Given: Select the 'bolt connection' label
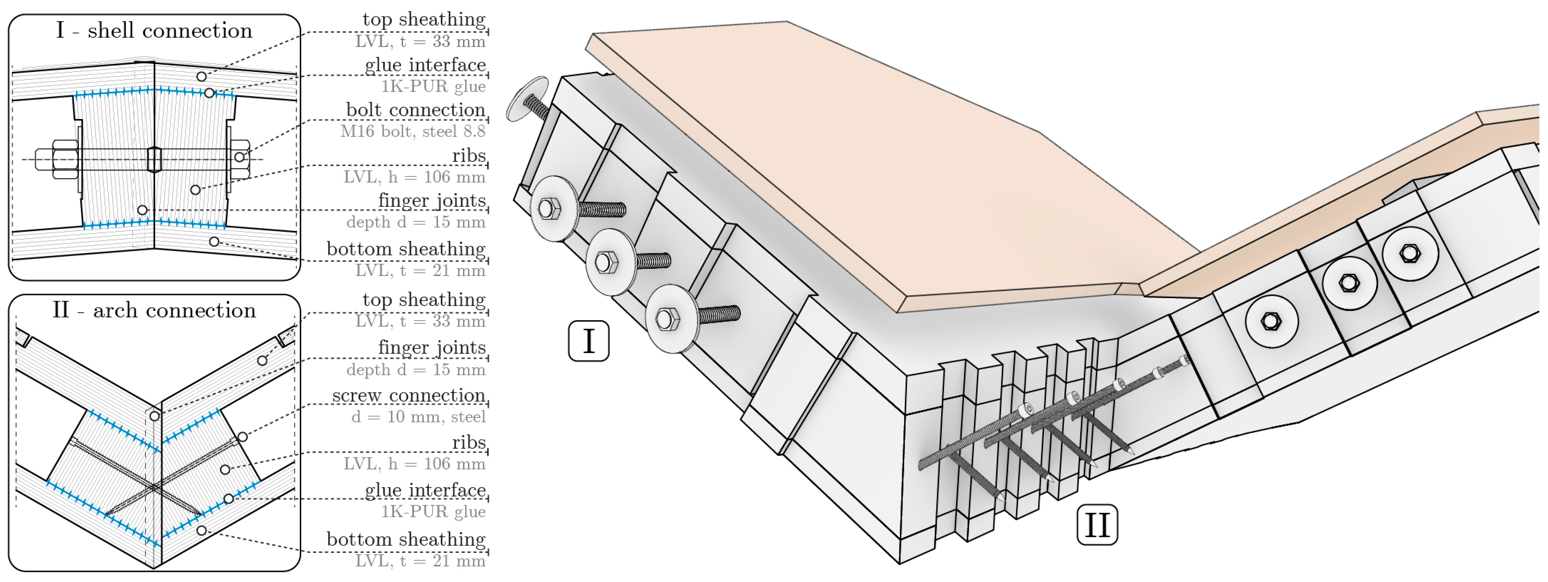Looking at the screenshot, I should [x=415, y=110].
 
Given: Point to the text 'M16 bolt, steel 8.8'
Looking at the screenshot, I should [x=412, y=131].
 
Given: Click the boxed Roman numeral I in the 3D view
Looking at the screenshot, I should [x=588, y=341].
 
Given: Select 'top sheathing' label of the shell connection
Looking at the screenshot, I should [x=424, y=19].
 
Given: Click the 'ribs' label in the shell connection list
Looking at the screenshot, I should [x=469, y=155].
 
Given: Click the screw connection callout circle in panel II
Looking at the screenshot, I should [x=242, y=437].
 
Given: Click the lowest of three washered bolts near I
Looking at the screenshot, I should [x=666, y=319].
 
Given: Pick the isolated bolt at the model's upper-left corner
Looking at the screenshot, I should [x=529, y=99].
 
